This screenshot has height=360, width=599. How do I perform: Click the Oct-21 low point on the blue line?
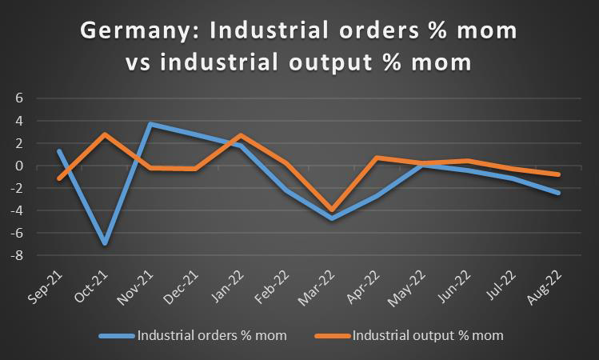105,242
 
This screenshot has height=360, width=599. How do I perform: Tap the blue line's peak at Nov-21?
150,125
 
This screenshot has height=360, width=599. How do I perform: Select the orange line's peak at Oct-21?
105,134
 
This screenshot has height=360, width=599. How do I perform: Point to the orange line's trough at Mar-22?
331,210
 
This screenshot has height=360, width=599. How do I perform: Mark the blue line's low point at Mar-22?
331,218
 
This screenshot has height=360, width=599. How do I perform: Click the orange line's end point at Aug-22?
557,174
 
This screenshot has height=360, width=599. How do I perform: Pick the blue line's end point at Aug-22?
557,193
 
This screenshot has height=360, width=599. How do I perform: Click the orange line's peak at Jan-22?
241,135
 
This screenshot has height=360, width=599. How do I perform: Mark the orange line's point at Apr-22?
377,158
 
